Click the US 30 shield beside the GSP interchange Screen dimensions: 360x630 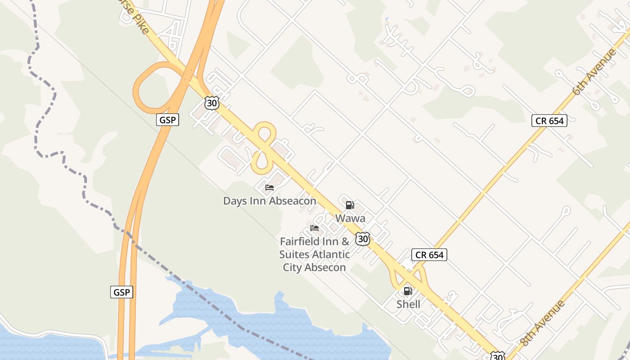(x=211, y=103)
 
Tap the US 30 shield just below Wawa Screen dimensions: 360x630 (x=363, y=238)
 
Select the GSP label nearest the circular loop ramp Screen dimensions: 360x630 (x=168, y=120)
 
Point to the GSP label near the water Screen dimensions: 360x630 (x=121, y=292)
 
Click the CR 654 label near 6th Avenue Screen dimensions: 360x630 (x=549, y=121)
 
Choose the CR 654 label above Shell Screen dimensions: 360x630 (x=429, y=255)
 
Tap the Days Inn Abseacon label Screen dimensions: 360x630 (x=270, y=201)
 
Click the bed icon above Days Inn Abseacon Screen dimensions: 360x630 (x=270, y=188)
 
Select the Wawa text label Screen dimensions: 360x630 (x=350, y=218)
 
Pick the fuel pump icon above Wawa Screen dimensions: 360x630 (x=350, y=205)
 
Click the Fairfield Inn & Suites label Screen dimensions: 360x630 (x=314, y=254)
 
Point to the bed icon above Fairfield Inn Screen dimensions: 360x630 (x=315, y=228)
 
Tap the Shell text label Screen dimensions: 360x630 (x=408, y=304)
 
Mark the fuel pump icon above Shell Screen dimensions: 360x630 (x=408, y=291)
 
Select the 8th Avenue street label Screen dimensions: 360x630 (x=542, y=323)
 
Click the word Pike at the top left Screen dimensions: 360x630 (x=143, y=27)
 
